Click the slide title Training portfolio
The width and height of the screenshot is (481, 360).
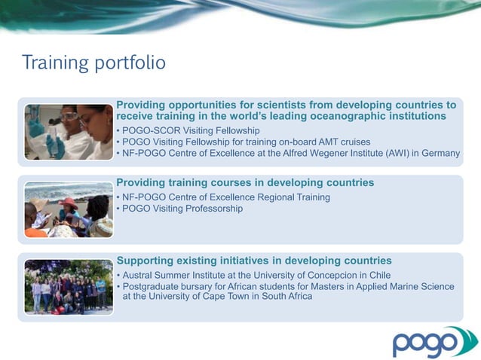point(93,62)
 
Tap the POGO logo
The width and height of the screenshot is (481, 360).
point(434,342)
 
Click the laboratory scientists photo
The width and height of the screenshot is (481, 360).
point(68,132)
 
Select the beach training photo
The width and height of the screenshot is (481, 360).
point(68,209)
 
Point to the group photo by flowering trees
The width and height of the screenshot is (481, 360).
point(68,287)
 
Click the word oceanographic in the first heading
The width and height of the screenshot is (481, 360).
point(339,117)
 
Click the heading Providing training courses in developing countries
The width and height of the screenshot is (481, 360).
point(245,183)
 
